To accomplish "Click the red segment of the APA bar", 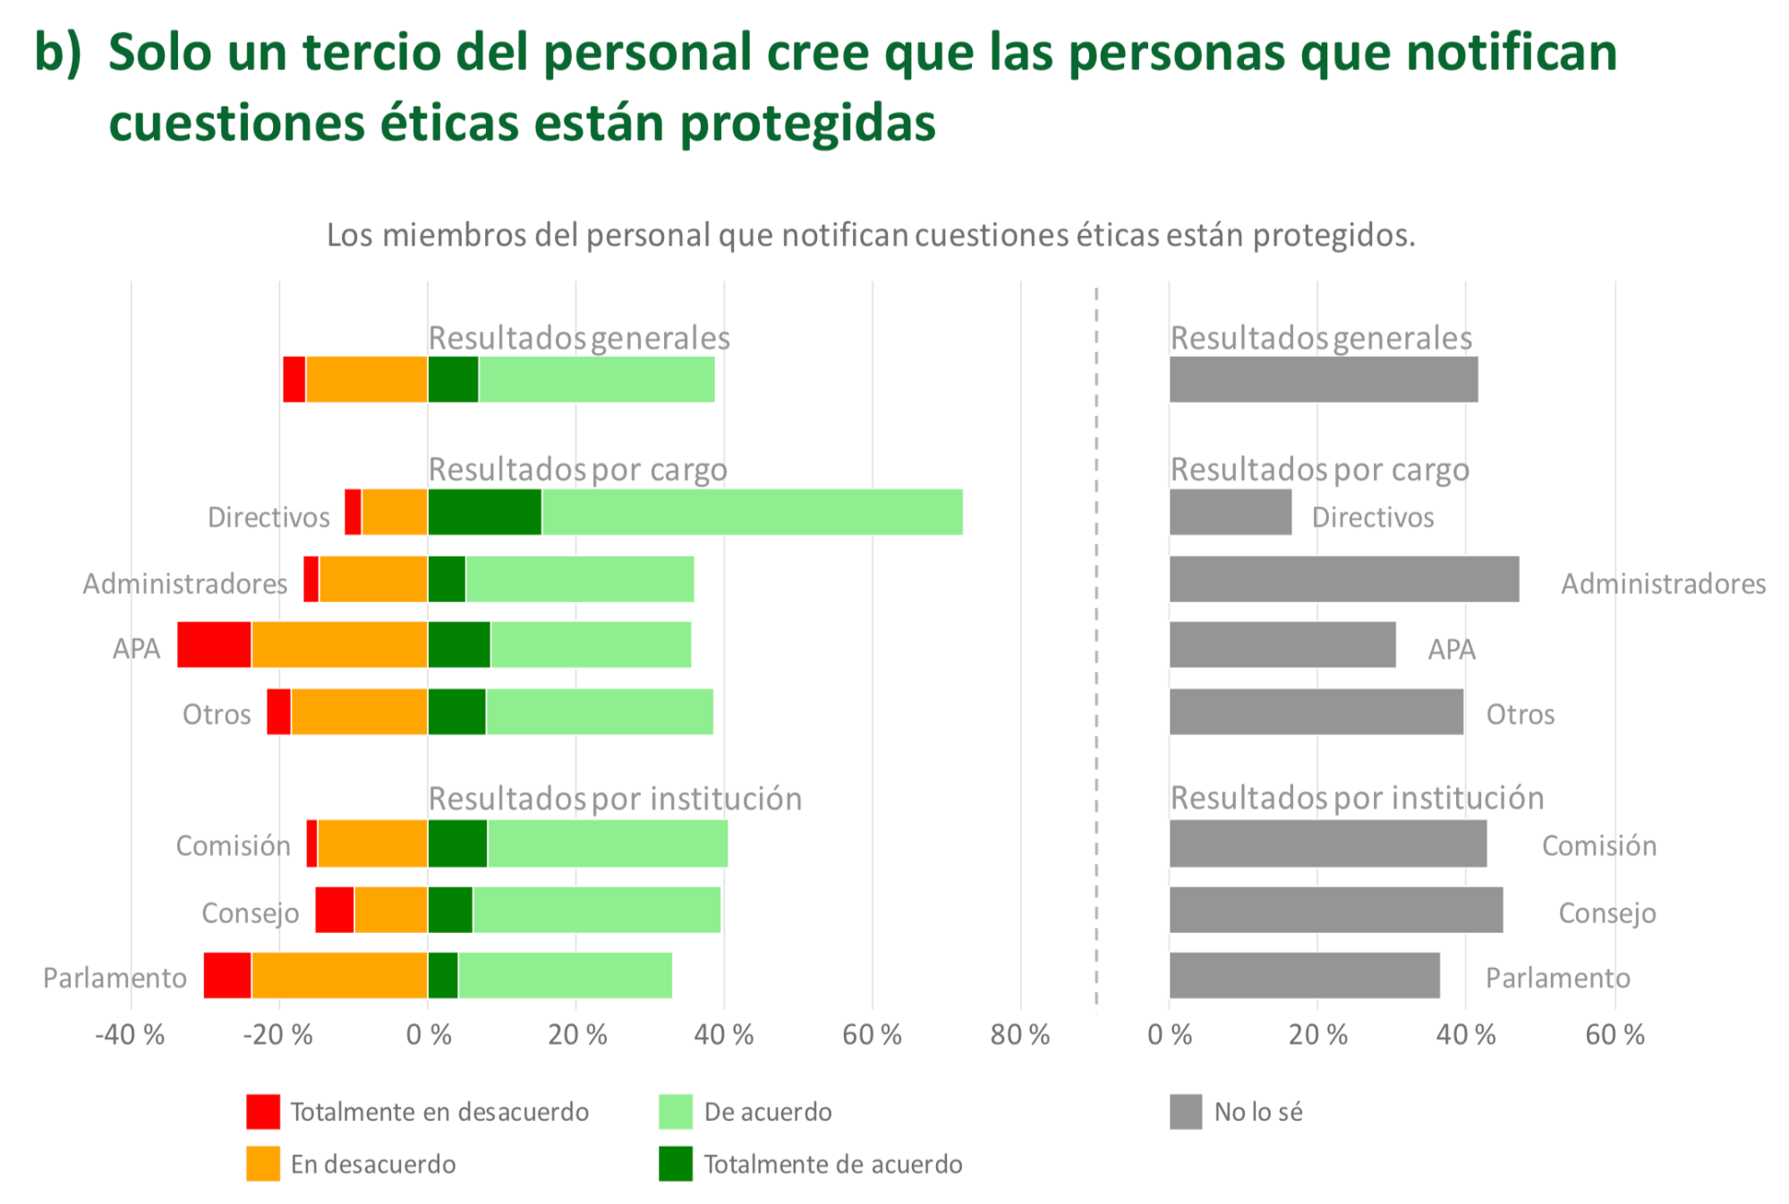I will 214,644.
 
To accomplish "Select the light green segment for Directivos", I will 752,512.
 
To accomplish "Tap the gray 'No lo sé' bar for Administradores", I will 1343,579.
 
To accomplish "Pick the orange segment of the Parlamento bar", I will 339,975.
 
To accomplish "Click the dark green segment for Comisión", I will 457,844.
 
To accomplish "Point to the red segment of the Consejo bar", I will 335,910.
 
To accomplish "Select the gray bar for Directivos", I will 1230,512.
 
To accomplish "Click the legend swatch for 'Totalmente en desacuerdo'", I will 263,1111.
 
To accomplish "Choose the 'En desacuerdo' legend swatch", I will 263,1164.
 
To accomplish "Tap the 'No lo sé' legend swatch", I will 1185,1112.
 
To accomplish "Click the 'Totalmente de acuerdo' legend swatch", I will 676,1164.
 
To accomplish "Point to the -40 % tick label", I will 131,1035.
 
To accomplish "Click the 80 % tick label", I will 1019,1035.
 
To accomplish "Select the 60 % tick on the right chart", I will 1614,1035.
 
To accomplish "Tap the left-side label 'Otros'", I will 217,715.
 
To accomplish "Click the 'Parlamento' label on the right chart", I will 1557,978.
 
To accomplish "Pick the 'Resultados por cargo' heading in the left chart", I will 577,470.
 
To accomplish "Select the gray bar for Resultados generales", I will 1323,379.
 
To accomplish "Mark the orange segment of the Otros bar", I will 359,711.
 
